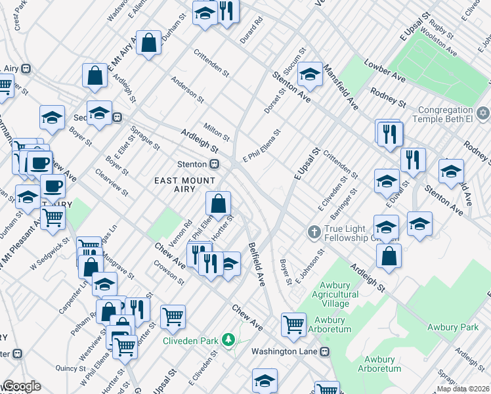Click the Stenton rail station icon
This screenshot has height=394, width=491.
pos(214,164)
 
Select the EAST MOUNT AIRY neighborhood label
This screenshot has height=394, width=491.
pos(184,181)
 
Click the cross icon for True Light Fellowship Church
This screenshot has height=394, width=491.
pos(314,232)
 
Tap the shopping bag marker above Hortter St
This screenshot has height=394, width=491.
pos(218,202)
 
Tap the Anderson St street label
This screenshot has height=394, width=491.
pos(187,90)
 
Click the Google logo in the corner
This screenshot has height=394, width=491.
pos(21,386)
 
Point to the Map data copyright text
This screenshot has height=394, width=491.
pos(463,389)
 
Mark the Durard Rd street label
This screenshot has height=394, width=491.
pos(251,30)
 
